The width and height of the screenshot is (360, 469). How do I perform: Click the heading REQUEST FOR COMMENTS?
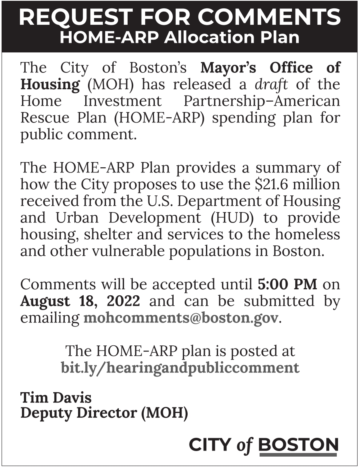(x=180, y=17)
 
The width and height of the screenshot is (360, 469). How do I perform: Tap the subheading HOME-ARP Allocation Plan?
(x=180, y=37)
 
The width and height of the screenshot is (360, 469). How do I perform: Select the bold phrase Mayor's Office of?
(x=270, y=67)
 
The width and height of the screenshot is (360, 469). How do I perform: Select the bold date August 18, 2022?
(x=80, y=301)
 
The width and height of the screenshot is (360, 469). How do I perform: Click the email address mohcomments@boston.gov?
(x=180, y=318)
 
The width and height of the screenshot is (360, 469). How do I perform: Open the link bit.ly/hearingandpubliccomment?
(x=180, y=367)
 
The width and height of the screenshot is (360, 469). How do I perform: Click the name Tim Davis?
(x=56, y=397)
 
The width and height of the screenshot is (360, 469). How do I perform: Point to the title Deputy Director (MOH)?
(x=104, y=413)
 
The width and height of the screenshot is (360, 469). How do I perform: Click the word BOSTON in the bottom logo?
(x=298, y=445)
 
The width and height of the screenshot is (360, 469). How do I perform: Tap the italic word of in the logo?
(x=244, y=445)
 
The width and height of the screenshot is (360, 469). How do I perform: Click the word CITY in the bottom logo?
(x=210, y=445)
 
